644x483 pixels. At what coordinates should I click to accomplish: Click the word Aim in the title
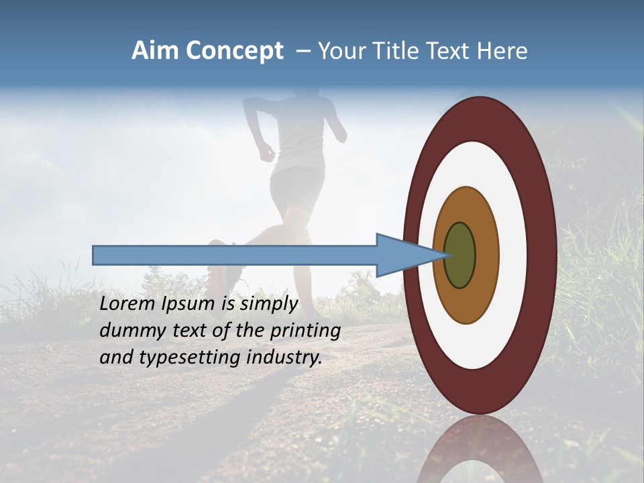click(155, 51)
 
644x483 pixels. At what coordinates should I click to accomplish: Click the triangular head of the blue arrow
click(402, 255)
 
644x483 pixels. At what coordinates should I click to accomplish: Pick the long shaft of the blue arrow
click(235, 255)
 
